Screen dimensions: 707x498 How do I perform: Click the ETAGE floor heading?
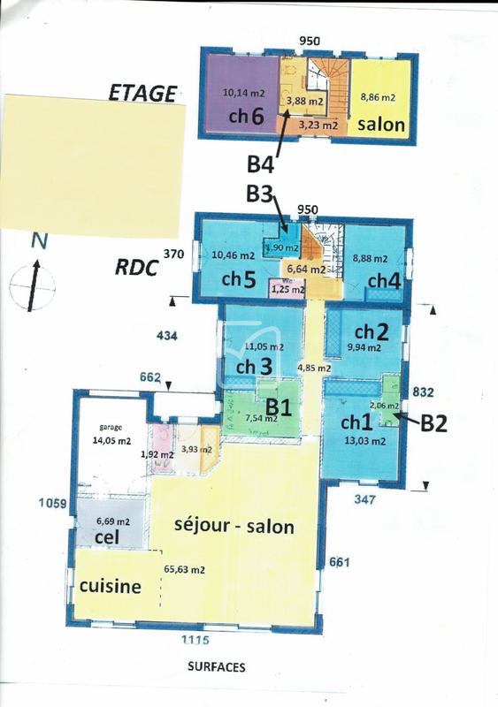coord(142,92)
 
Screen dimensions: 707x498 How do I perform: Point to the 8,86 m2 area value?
coord(377,97)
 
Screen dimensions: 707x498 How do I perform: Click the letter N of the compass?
coord(37,239)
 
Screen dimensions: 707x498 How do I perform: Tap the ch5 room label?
coord(239,279)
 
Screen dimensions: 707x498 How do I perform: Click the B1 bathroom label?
coord(280,407)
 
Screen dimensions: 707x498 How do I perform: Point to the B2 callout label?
coord(433,423)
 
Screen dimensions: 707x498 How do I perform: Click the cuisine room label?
coord(111,586)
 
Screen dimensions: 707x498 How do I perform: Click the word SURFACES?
coord(216,667)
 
